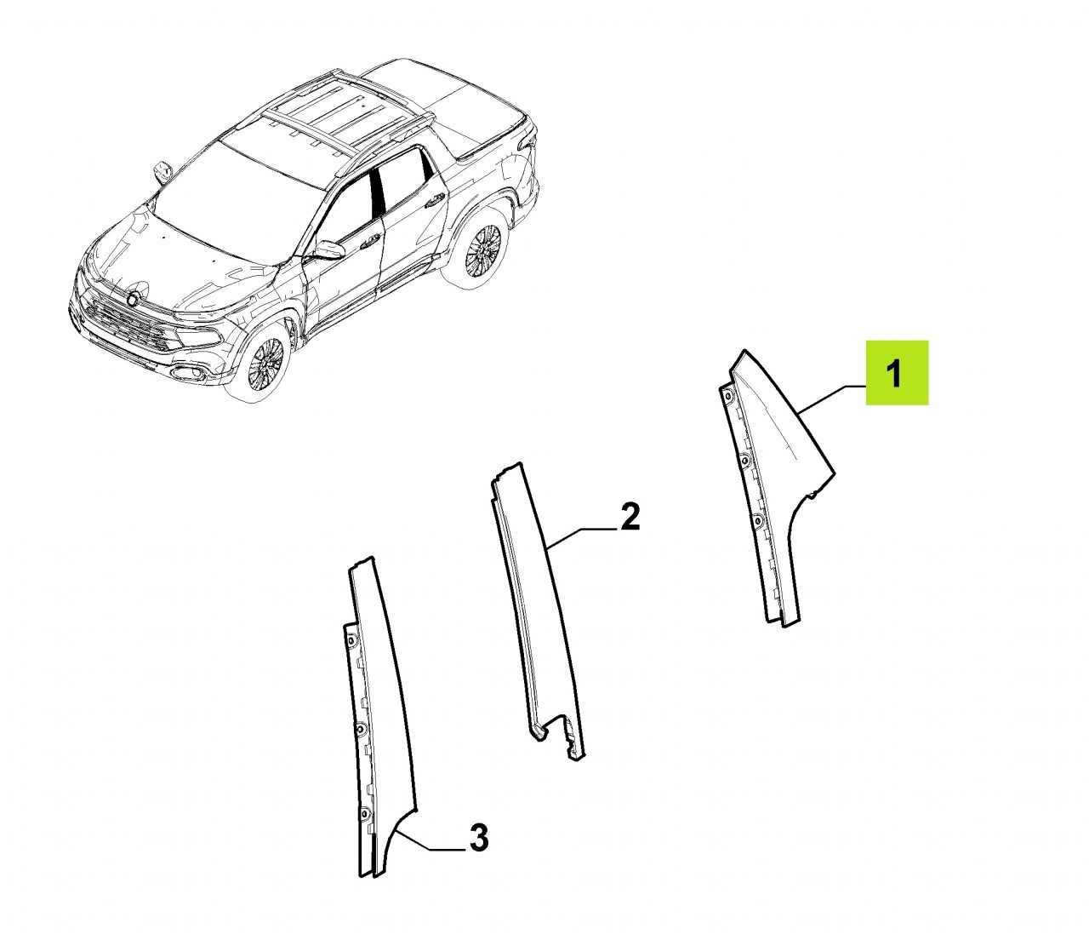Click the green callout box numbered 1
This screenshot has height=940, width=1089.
tap(897, 373)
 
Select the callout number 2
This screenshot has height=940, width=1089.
tap(630, 517)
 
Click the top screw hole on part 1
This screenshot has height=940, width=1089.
tap(728, 398)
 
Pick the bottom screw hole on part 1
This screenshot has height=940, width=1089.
tap(758, 521)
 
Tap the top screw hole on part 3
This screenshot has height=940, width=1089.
tap(351, 639)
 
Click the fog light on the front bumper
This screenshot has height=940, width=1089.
tap(187, 373)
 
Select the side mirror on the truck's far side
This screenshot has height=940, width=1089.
tap(162, 171)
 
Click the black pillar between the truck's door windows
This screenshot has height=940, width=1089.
tap(377, 188)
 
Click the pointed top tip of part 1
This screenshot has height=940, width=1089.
tap(744, 350)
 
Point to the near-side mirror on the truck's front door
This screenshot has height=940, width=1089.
tap(329, 249)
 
